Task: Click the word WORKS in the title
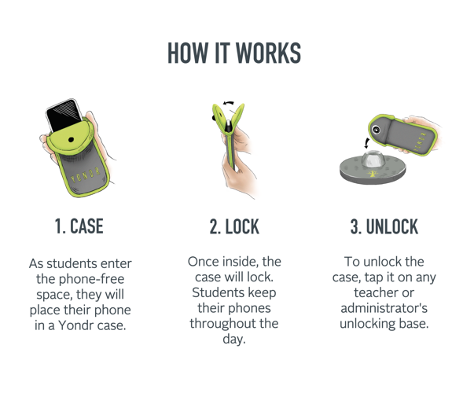(268, 53)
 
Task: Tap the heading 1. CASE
(79, 226)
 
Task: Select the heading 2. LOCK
(234, 226)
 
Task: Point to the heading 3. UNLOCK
(384, 226)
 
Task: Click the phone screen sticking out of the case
(64, 115)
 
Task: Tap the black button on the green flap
(71, 140)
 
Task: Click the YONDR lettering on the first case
(85, 175)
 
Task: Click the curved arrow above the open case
(229, 103)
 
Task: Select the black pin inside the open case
(229, 126)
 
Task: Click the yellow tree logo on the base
(373, 174)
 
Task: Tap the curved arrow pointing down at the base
(366, 143)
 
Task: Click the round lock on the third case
(377, 130)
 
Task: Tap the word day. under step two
(234, 339)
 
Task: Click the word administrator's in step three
(384, 308)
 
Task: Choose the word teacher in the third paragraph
(373, 292)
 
